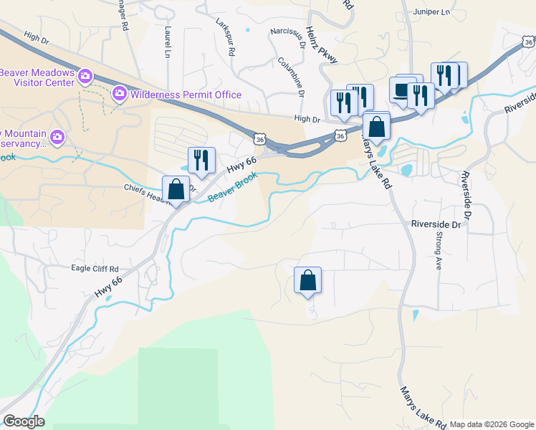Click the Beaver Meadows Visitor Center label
tap(37, 77)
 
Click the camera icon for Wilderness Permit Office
tap(119, 93)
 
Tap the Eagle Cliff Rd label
tap(95, 269)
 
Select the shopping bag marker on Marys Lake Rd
tap(376, 127)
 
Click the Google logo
tap(24, 421)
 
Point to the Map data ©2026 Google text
tap(492, 424)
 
